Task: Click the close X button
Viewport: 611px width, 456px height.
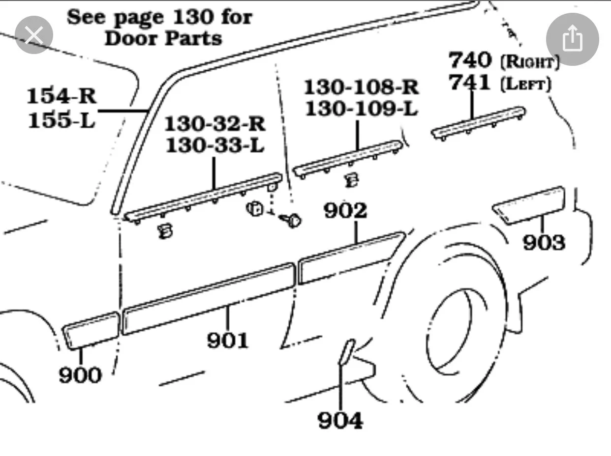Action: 33,35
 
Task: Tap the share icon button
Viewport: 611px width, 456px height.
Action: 572,39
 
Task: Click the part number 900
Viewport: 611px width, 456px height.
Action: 80,375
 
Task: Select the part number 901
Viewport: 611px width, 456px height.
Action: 228,340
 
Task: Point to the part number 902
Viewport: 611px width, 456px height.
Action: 345,211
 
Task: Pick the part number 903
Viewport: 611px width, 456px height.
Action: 544,242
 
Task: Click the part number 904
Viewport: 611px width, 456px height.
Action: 340,421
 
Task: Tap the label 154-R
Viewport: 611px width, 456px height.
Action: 61,95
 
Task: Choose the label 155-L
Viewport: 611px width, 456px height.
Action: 61,119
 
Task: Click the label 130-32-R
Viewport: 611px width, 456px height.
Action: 214,124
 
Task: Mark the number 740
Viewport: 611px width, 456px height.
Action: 470,60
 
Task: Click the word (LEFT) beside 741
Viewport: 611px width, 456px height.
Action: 525,84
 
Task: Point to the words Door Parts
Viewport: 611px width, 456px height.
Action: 163,38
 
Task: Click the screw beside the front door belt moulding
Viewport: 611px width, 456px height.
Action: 292,221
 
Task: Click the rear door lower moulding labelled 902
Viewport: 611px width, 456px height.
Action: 350,258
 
